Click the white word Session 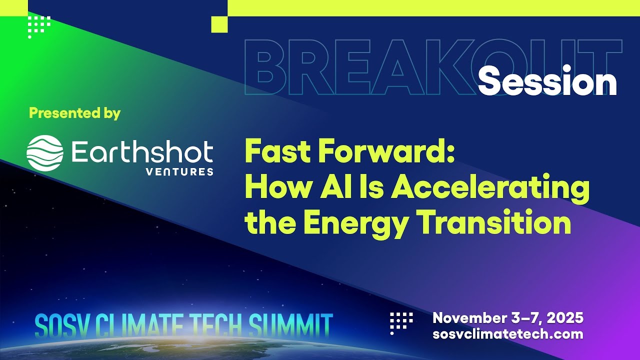point(547,83)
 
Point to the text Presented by point(75,113)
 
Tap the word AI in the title point(322,188)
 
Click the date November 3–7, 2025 point(508,318)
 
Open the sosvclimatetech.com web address point(508,334)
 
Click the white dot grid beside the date point(401,322)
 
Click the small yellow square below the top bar point(219,24)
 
